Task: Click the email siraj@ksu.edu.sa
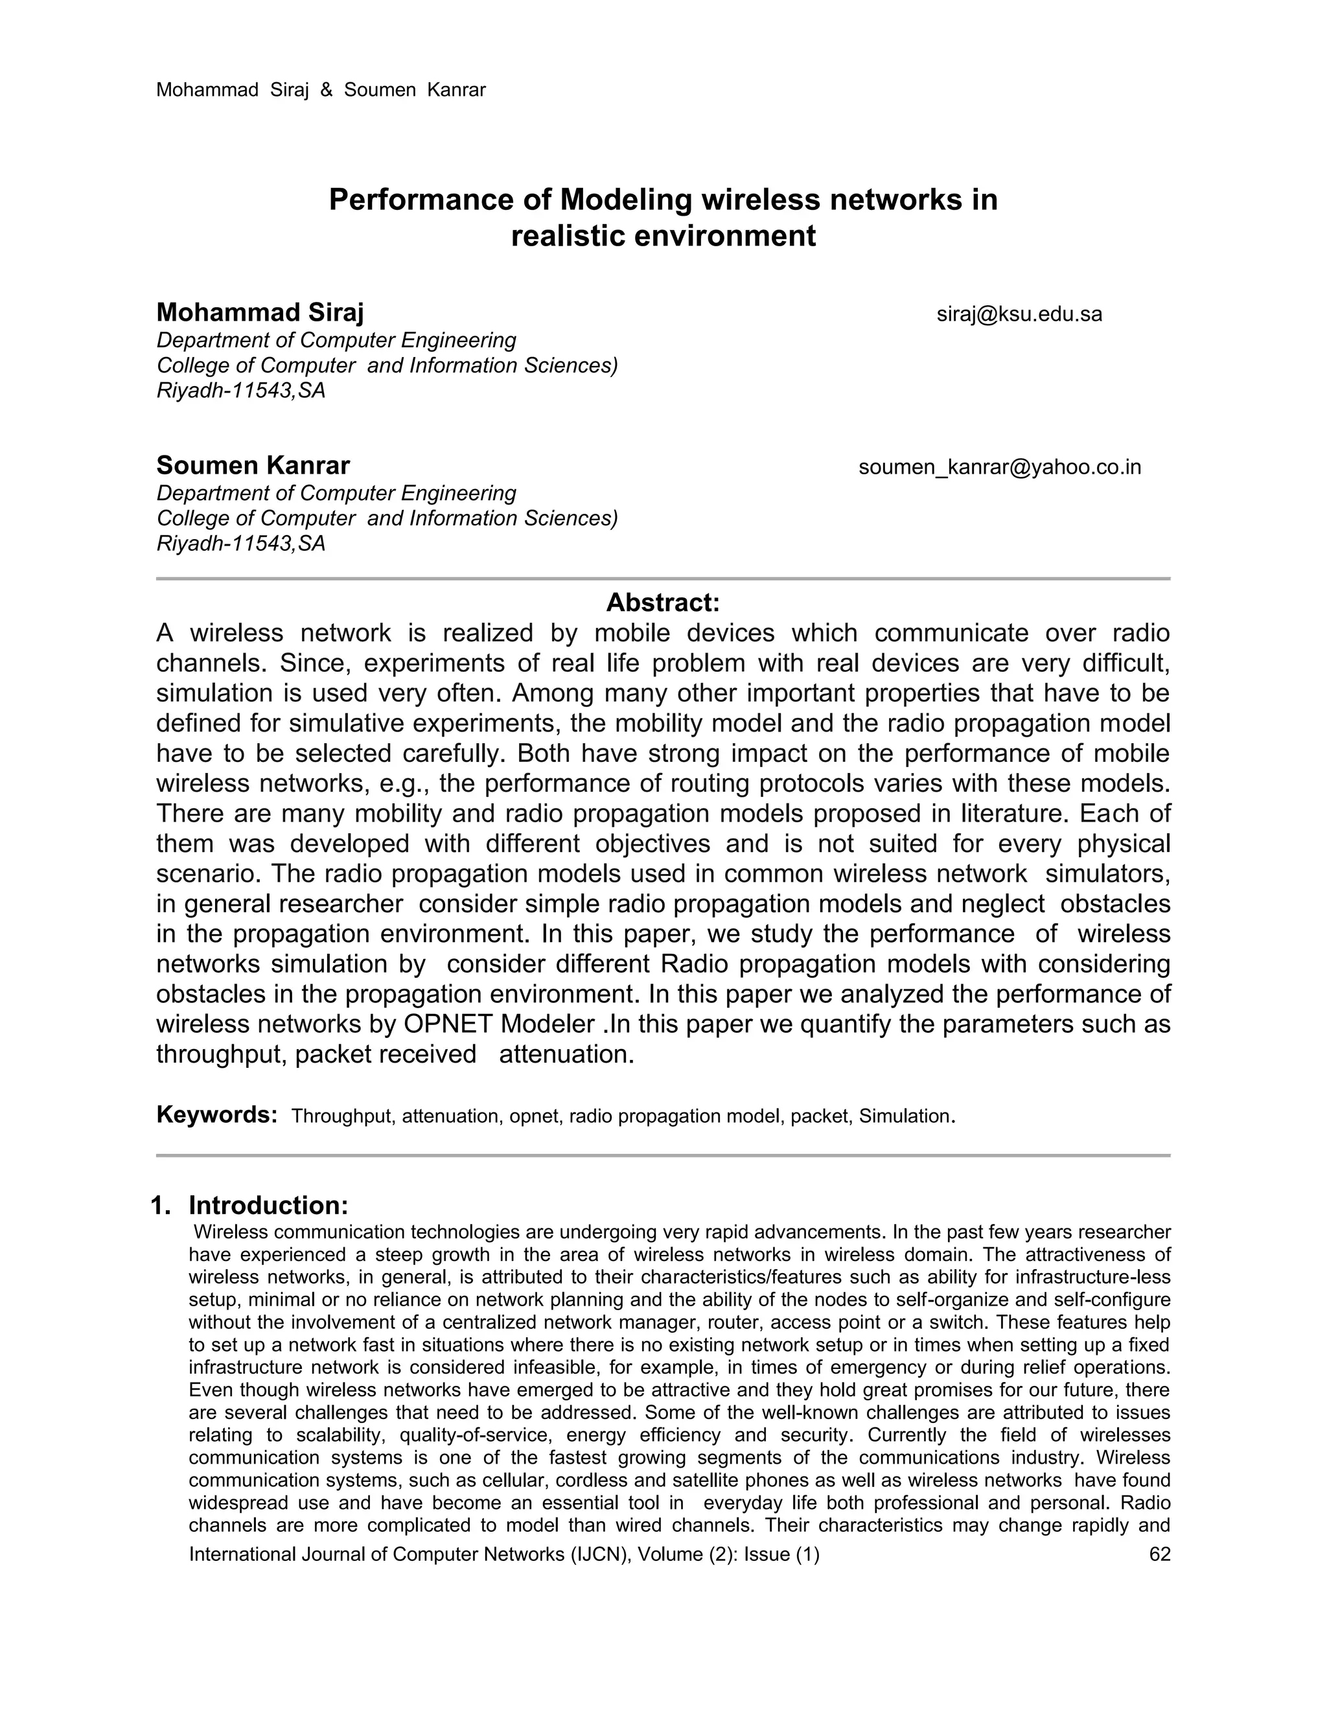(x=1019, y=314)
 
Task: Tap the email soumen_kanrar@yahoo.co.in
(x=999, y=467)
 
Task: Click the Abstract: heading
(x=663, y=603)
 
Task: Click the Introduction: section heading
(x=268, y=1206)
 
